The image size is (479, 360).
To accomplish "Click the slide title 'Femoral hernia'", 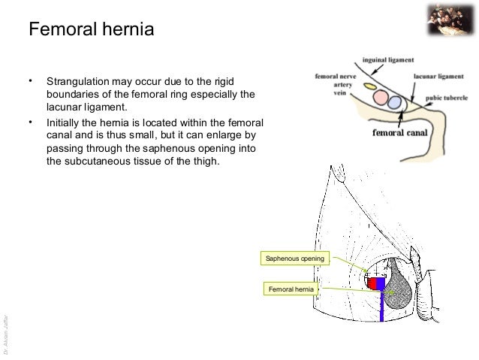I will pyautogui.click(x=91, y=31).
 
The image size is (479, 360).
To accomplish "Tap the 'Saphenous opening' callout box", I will pyautogui.click(x=294, y=259).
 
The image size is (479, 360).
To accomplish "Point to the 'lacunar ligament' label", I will pyautogui.click(x=444, y=76).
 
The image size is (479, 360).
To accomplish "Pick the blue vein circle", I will pyautogui.click(x=396, y=101).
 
